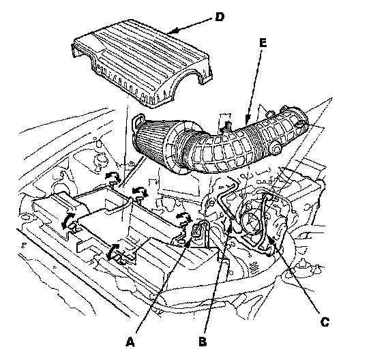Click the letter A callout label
130,342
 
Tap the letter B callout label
203,342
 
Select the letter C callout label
325,322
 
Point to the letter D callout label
220,17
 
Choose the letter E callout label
263,43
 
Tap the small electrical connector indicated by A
197,229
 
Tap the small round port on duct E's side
276,151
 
